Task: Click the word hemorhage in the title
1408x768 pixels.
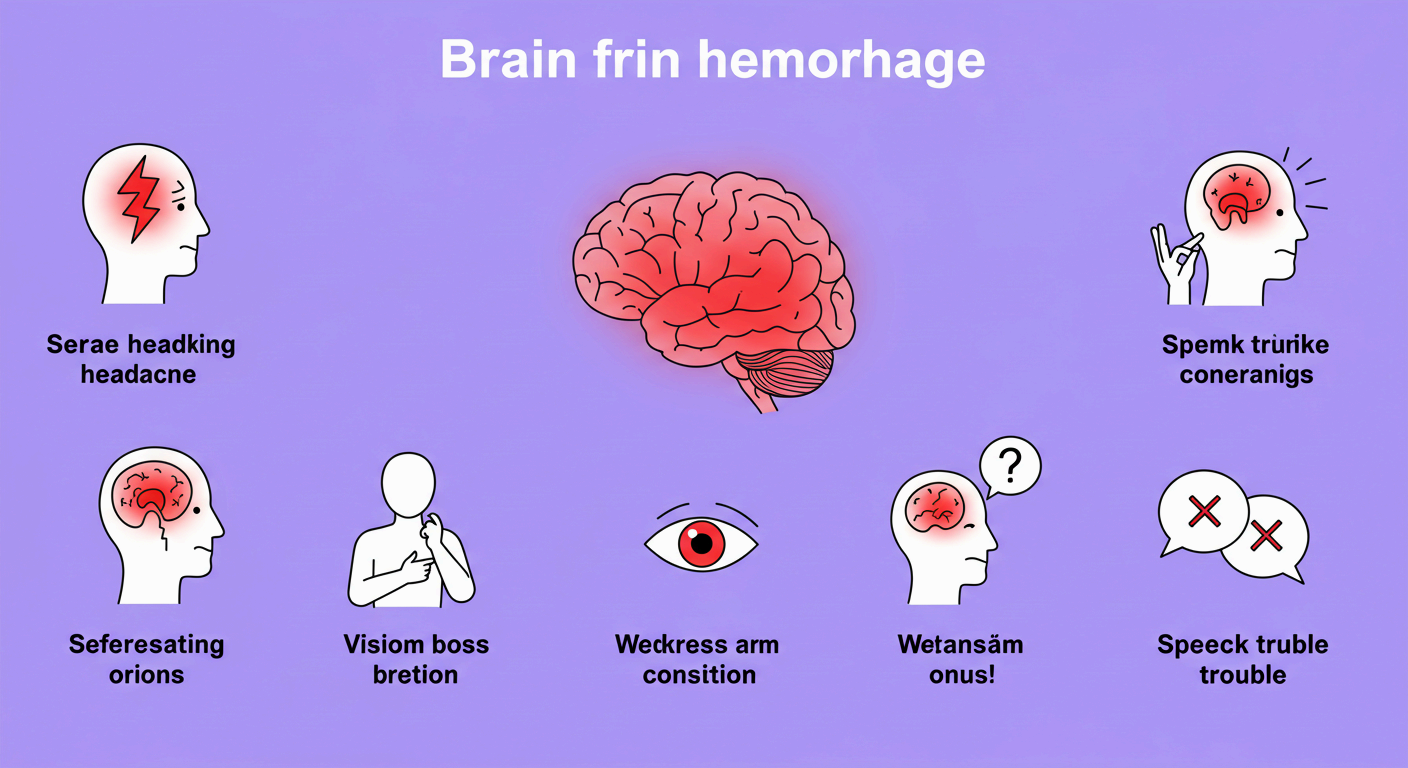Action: tap(840, 61)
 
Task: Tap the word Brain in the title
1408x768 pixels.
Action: tap(509, 61)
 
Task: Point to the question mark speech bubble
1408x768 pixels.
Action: tap(1009, 466)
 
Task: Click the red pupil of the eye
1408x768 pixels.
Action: tap(701, 543)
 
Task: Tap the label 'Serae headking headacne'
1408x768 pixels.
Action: tap(140, 359)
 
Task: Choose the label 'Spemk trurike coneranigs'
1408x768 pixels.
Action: tap(1245, 360)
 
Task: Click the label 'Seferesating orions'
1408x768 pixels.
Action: tap(146, 659)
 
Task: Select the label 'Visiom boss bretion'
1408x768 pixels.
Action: tap(416, 659)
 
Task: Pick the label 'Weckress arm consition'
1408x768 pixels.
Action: tap(697, 659)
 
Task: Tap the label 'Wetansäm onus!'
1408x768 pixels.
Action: tap(960, 659)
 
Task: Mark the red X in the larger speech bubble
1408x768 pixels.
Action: tap(1204, 512)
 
